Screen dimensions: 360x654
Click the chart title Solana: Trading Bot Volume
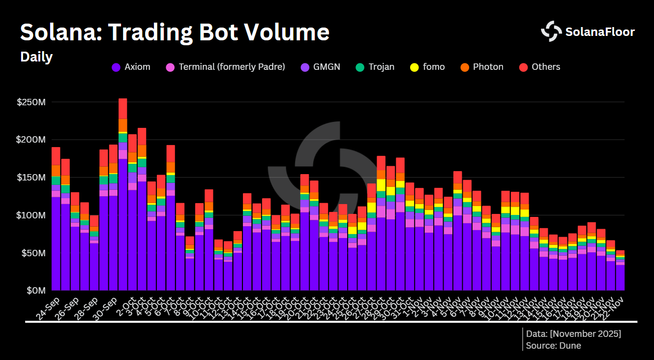click(x=175, y=32)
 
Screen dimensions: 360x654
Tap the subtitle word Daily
click(x=36, y=57)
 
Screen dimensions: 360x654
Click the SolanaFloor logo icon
click(x=551, y=31)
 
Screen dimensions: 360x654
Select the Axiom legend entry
click(x=131, y=67)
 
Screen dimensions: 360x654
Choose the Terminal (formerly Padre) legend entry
click(x=226, y=67)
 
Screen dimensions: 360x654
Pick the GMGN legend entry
click(x=322, y=67)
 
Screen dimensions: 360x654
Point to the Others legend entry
click(x=540, y=67)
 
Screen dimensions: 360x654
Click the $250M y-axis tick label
click(x=31, y=102)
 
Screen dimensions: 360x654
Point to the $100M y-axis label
click(x=31, y=215)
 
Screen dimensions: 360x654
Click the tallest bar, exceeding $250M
click(x=123, y=197)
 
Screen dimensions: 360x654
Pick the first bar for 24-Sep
click(x=56, y=221)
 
